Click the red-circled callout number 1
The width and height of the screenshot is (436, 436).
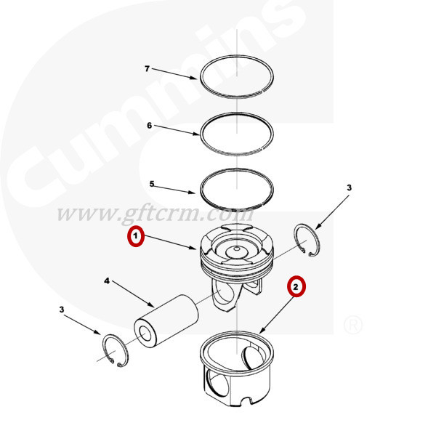[x=136, y=236]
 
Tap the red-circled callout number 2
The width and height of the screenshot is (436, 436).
[x=296, y=286]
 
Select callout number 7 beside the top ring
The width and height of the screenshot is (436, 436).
[x=147, y=68]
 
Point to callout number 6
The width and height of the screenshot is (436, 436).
[x=150, y=126]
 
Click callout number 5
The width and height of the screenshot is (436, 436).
[x=152, y=184]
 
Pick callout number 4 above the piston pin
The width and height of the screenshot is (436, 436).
[x=107, y=280]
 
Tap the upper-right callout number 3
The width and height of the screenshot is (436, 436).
[x=350, y=187]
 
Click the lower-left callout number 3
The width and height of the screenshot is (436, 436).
[x=62, y=310]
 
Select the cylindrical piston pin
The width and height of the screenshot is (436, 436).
[x=166, y=321]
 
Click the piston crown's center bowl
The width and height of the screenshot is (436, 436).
[x=237, y=251]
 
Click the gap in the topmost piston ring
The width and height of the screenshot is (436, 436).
[x=263, y=90]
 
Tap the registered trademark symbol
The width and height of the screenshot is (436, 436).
[x=353, y=325]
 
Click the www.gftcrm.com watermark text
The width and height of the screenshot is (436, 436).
[x=156, y=214]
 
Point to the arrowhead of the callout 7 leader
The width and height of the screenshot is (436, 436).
[x=193, y=77]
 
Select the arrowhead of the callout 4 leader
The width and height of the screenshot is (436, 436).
[x=151, y=304]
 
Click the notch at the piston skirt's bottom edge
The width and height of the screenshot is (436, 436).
[x=246, y=400]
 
